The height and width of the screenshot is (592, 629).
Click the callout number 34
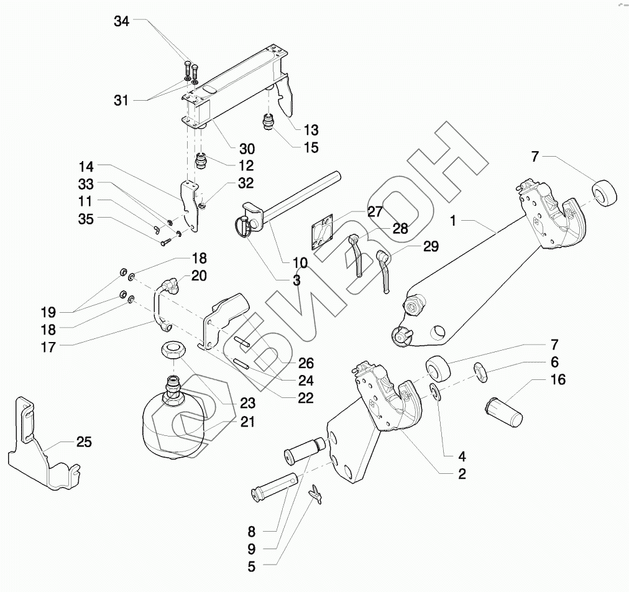[x=122, y=21]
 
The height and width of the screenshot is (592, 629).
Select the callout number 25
[x=85, y=442]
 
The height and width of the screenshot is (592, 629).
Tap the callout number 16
[x=558, y=379]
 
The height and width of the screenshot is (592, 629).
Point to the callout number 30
[x=247, y=149]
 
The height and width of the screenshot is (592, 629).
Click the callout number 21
[x=247, y=422]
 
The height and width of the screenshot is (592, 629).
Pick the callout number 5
[x=252, y=567]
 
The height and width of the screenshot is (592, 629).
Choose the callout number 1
[x=453, y=221]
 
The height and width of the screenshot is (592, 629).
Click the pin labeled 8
[x=274, y=487]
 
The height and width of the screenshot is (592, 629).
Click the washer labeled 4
[x=435, y=391]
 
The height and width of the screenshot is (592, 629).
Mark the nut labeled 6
[x=481, y=372]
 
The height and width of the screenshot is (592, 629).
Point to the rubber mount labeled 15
[x=268, y=122]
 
